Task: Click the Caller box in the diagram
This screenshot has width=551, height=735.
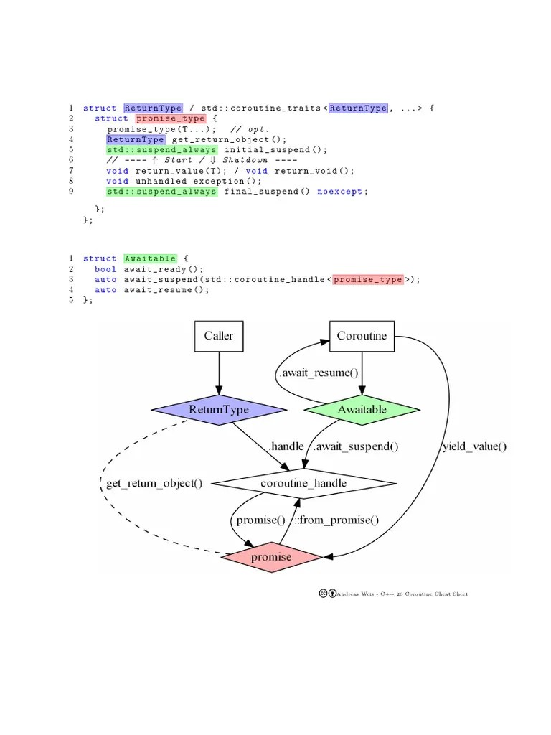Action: coord(219,336)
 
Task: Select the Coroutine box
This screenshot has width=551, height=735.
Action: coord(362,336)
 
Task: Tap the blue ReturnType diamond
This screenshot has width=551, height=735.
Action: coord(219,410)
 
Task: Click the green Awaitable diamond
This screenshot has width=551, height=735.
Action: coord(362,410)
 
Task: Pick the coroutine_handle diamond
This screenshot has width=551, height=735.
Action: coord(304,483)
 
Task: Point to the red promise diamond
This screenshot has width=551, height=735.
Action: coord(271,557)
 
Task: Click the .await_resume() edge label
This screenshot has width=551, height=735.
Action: coord(318,373)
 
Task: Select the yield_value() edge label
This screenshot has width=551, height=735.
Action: coord(475,446)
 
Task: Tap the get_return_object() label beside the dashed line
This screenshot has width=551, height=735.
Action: coord(154,483)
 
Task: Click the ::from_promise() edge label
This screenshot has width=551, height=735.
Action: coord(336,520)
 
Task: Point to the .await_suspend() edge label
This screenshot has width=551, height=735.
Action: coord(356,446)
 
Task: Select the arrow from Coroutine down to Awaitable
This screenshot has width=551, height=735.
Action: coord(362,373)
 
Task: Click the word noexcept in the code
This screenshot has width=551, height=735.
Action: coord(340,192)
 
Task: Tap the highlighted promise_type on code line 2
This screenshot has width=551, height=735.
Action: coord(170,118)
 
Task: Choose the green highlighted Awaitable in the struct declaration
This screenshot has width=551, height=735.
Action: coord(149,258)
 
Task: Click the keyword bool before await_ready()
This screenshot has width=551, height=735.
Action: coord(105,269)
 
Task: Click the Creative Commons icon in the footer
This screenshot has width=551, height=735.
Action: coord(324,594)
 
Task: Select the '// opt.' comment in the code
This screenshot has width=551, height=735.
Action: coord(248,129)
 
